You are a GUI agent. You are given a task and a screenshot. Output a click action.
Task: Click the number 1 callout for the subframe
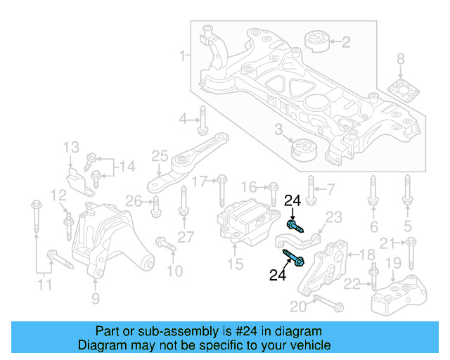183,55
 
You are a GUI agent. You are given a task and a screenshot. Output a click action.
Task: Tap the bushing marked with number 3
304,150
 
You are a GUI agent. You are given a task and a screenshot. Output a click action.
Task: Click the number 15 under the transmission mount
235,264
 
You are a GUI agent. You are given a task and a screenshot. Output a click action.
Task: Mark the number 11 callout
45,285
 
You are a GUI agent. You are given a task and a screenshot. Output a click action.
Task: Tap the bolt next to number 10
164,245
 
